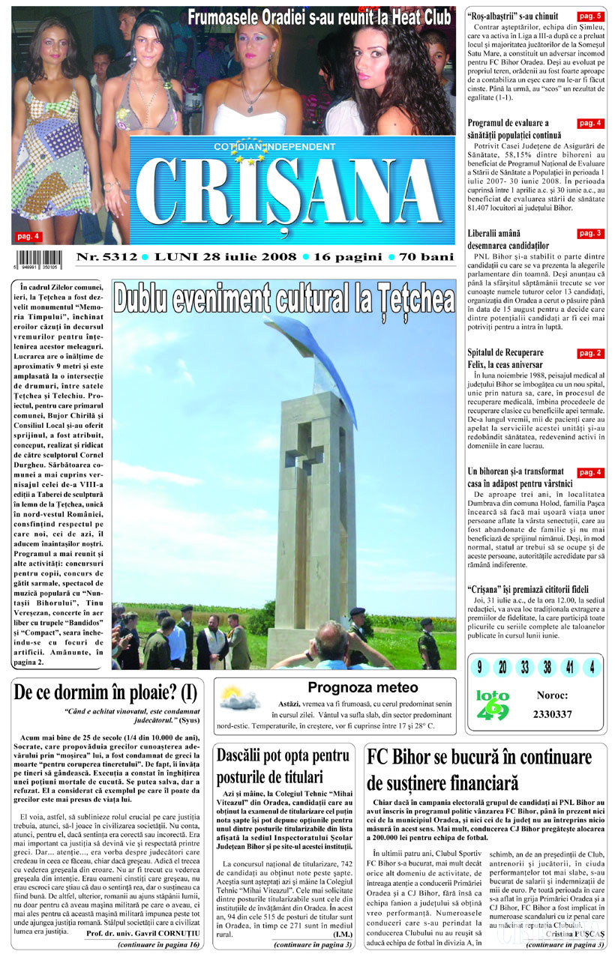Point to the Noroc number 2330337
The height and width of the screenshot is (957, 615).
[553, 714]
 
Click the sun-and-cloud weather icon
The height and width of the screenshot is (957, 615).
[240, 698]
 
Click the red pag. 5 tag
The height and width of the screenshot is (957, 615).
[590, 16]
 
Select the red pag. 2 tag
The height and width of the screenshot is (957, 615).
[590, 352]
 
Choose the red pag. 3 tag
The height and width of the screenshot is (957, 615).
[590, 234]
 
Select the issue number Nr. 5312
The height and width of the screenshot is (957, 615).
[106, 257]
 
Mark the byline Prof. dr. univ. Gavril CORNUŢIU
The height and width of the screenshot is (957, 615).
[142, 933]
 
